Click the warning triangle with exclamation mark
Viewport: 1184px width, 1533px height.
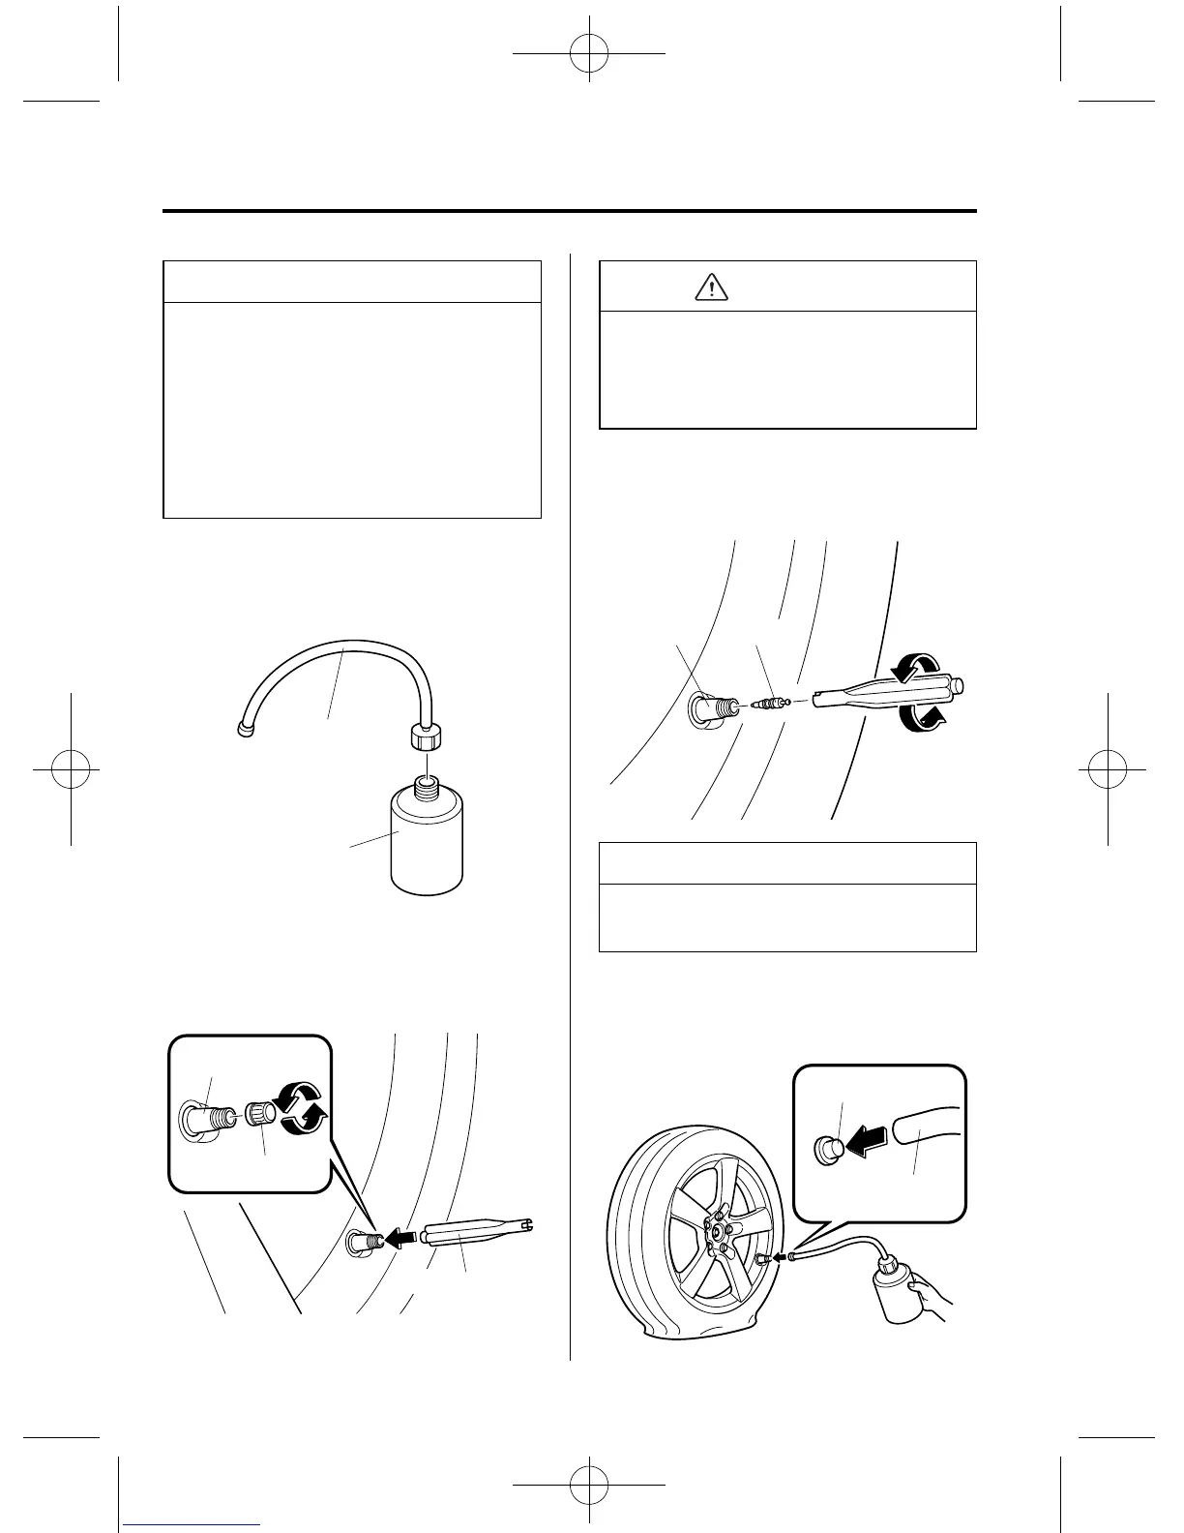[711, 286]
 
